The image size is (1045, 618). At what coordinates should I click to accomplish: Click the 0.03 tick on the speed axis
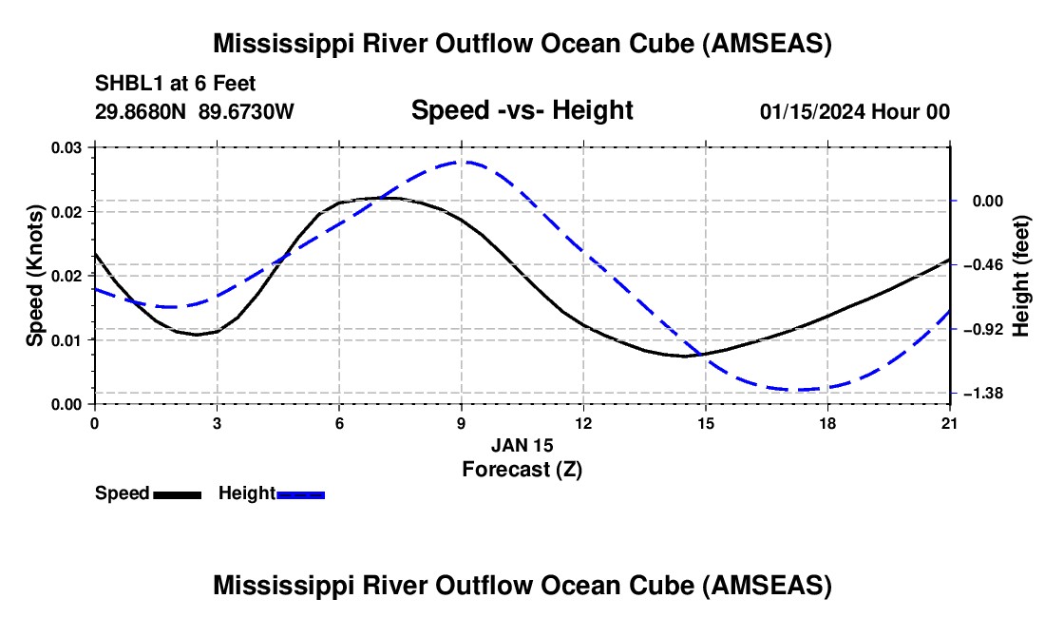pyautogui.click(x=73, y=147)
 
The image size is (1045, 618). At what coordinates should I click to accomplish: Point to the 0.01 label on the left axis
pyautogui.click(x=73, y=339)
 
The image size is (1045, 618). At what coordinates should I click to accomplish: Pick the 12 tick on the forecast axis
pyautogui.click(x=583, y=424)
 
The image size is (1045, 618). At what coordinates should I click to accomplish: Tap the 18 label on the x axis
pyautogui.click(x=827, y=424)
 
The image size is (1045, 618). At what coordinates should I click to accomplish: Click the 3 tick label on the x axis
pyautogui.click(x=217, y=424)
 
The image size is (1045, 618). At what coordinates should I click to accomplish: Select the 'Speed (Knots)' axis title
pyautogui.click(x=35, y=276)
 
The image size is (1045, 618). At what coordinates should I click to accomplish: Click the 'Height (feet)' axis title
pyautogui.click(x=1021, y=276)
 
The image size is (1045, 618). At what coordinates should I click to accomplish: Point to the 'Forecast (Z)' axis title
pyautogui.click(x=522, y=469)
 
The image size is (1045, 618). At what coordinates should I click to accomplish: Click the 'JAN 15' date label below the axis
pyautogui.click(x=522, y=445)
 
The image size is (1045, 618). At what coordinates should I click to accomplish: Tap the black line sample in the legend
pyautogui.click(x=177, y=494)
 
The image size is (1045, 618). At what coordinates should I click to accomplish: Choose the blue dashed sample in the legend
pyautogui.click(x=300, y=494)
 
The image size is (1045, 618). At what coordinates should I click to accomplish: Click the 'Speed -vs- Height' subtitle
pyautogui.click(x=522, y=110)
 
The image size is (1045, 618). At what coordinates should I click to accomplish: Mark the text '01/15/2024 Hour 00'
pyautogui.click(x=854, y=111)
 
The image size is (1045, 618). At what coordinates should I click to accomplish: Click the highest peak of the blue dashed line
pyautogui.click(x=462, y=162)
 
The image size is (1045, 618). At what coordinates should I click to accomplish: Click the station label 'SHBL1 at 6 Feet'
pyautogui.click(x=175, y=85)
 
